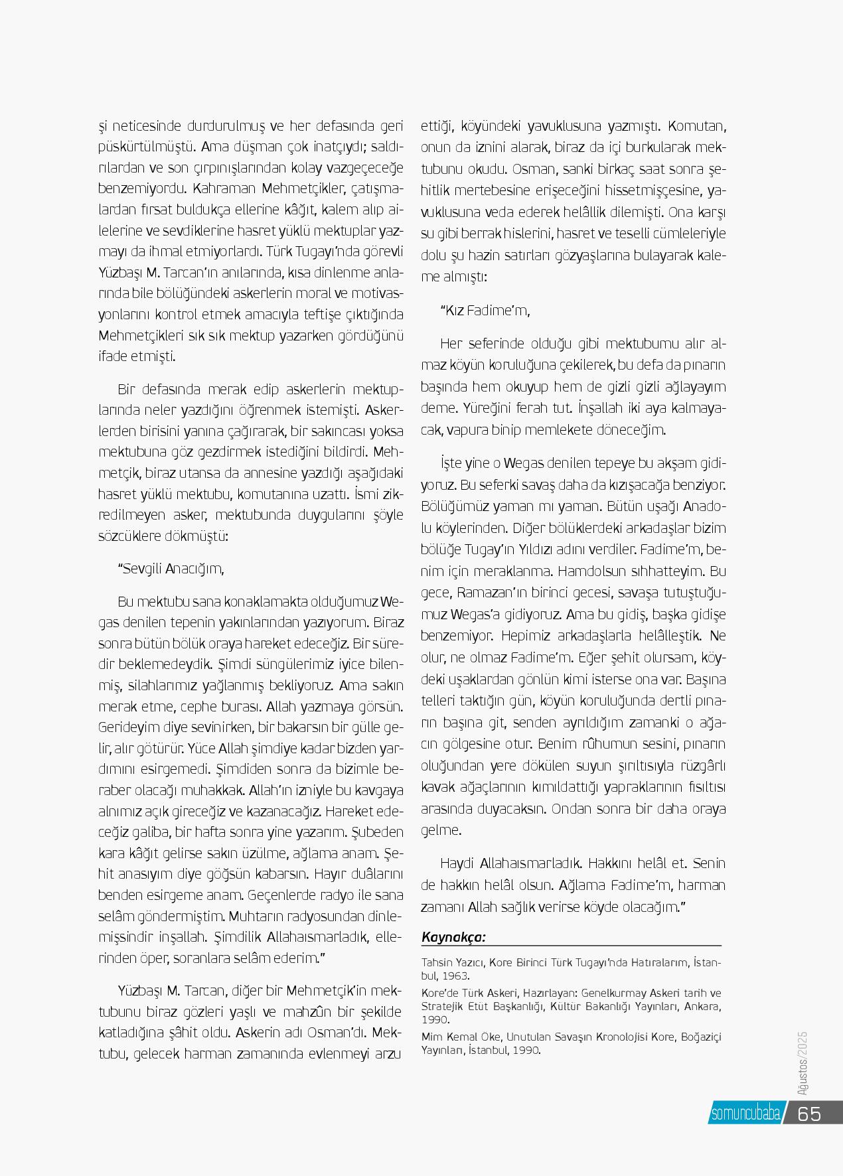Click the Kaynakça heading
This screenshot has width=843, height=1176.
(453, 937)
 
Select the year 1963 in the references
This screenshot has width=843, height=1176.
(455, 976)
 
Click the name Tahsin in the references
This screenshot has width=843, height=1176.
(435, 962)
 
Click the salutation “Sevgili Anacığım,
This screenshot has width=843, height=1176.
(171, 569)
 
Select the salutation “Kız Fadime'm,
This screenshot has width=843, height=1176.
(485, 310)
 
